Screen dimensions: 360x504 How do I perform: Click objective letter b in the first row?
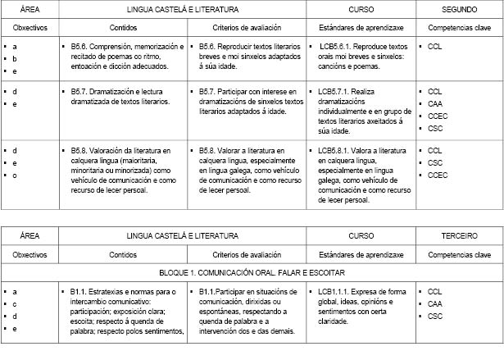15,60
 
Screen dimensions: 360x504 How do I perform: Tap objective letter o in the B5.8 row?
15,175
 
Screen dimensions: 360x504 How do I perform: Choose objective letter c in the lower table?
15,303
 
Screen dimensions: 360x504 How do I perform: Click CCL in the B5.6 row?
434,48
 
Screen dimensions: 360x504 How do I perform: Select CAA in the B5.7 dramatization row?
435,103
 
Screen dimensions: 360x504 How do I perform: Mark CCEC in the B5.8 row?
438,175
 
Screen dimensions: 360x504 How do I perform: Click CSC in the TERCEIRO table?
434,316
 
